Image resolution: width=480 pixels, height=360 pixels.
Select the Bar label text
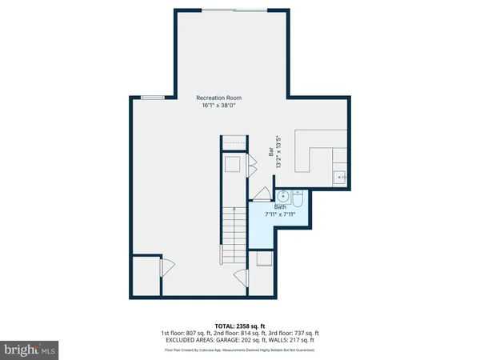click(270, 150)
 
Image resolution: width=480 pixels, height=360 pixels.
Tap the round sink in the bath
click(283, 195)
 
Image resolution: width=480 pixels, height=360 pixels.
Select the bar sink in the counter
click(338, 176)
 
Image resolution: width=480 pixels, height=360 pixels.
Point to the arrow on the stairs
click(233, 212)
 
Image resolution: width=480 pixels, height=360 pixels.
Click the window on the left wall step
click(151, 98)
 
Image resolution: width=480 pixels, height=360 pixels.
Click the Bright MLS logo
click(30, 349)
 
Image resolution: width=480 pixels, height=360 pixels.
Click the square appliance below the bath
click(262, 259)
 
